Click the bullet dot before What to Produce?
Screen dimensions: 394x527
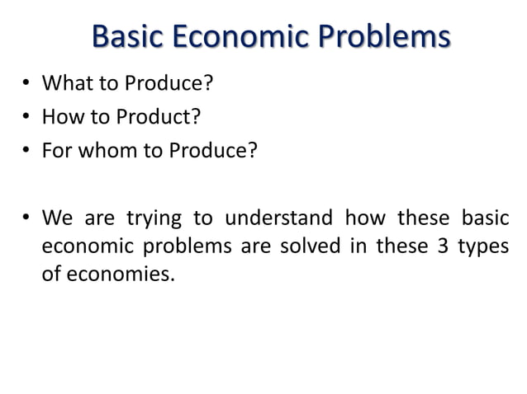click(x=26, y=85)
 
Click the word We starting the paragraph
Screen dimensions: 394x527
click(x=57, y=219)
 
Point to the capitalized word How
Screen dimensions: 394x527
click(x=61, y=116)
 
